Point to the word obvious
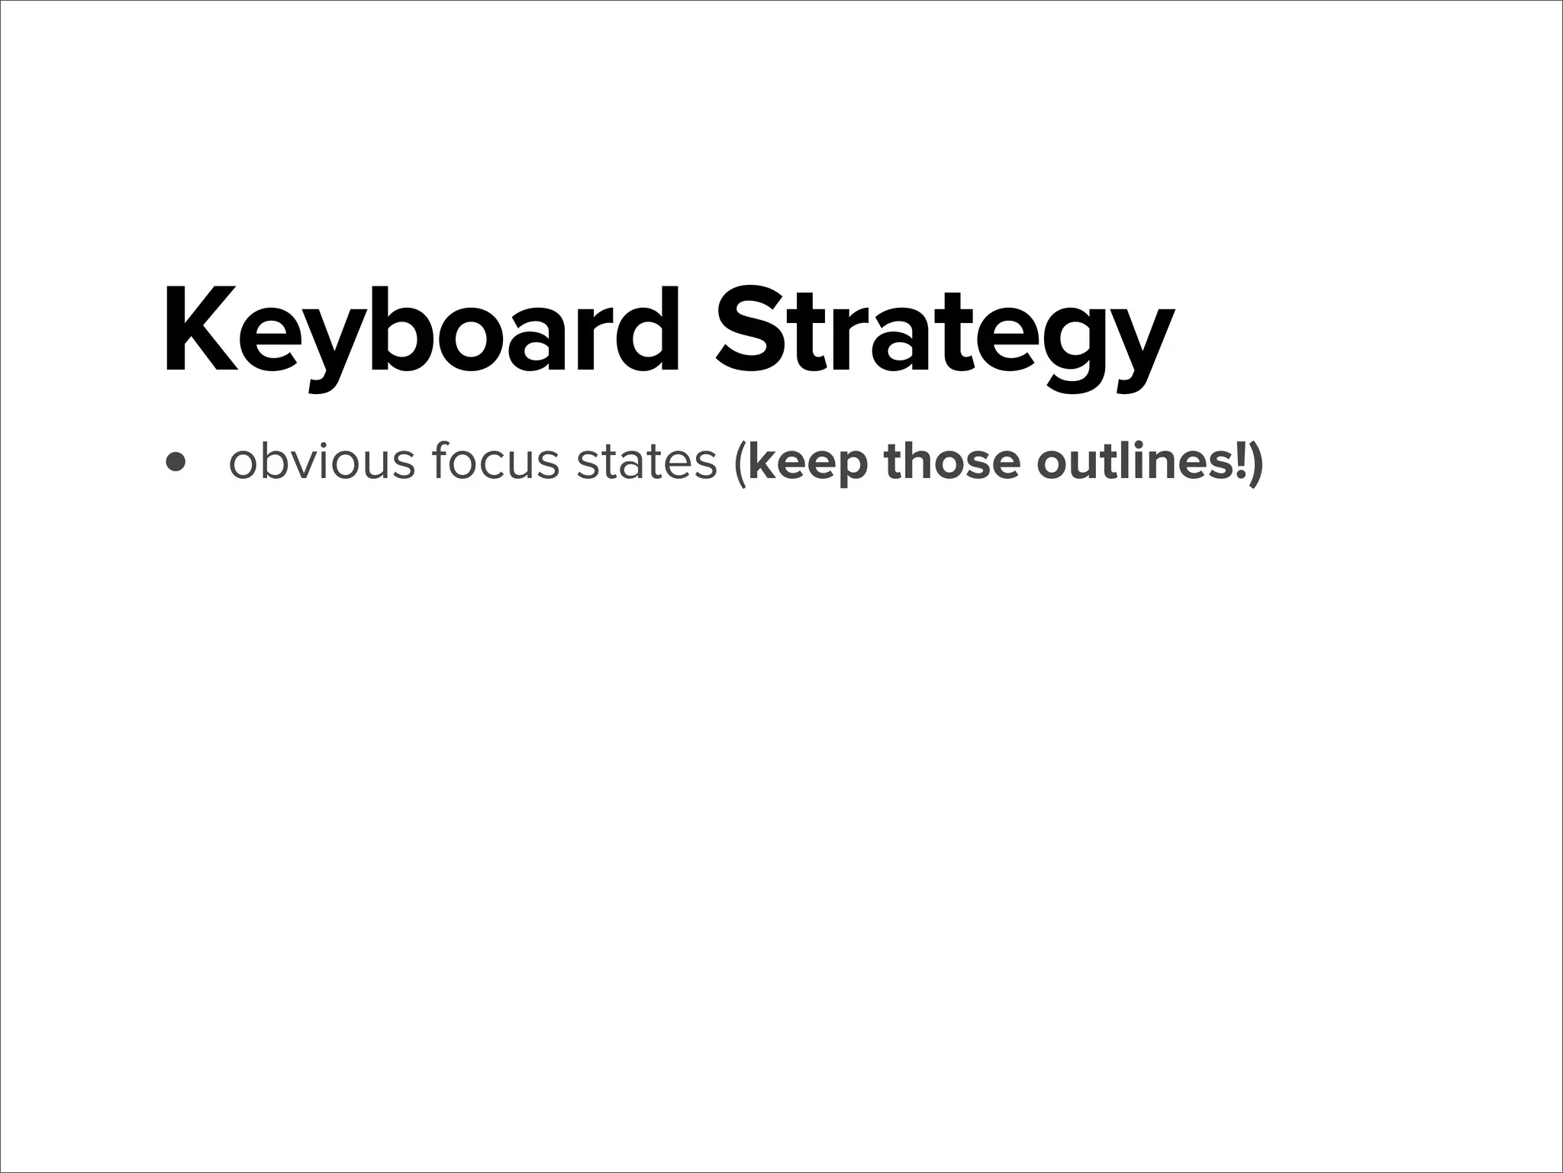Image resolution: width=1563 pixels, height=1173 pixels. [321, 462]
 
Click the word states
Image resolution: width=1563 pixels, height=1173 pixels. [646, 462]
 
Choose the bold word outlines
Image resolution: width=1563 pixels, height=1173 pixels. [1130, 462]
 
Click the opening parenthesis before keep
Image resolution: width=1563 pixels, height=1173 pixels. [738, 464]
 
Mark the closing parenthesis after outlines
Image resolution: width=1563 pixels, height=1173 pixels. [1256, 464]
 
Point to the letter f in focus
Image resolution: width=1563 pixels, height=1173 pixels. [440, 460]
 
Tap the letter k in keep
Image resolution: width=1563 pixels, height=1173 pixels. [761, 460]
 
